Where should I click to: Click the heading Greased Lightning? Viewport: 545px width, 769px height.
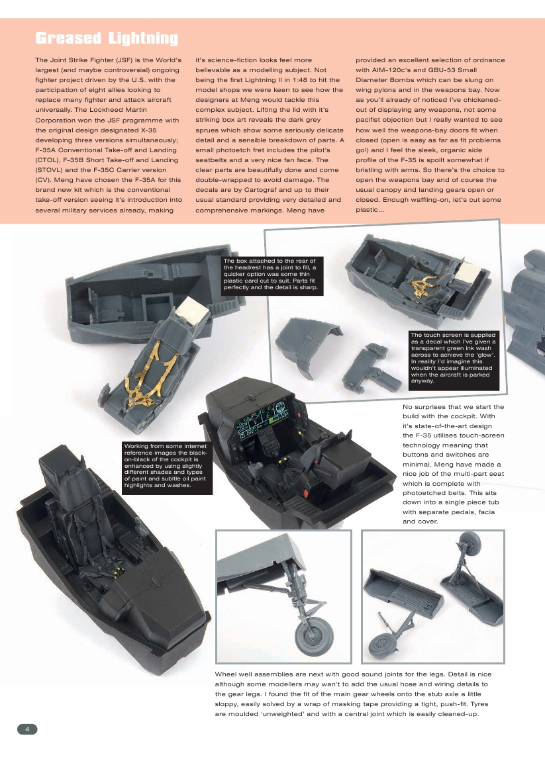pyautogui.click(x=106, y=38)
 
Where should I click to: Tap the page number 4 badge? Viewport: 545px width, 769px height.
pyautogui.click(x=27, y=729)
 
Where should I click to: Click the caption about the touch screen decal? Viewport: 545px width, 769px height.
pyautogui.click(x=453, y=357)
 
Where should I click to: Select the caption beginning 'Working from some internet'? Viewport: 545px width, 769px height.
pyautogui.click(x=167, y=467)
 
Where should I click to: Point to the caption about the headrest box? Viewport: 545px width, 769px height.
pyautogui.click(x=272, y=275)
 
